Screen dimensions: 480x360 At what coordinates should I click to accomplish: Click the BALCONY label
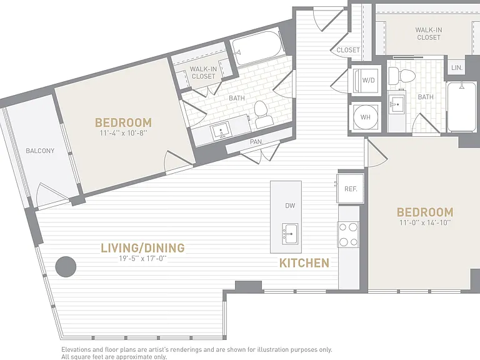click(x=40, y=151)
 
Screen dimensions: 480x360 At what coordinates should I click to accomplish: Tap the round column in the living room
click(x=66, y=267)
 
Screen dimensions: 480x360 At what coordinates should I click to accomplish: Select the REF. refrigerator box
click(x=351, y=189)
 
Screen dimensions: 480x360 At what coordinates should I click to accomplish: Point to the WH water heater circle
click(x=366, y=117)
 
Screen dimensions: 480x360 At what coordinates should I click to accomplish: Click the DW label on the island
click(x=290, y=206)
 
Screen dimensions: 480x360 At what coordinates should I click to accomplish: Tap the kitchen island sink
click(x=289, y=234)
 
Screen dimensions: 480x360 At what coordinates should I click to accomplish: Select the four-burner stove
click(x=348, y=234)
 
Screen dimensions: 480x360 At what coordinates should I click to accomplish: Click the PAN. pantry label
click(x=256, y=142)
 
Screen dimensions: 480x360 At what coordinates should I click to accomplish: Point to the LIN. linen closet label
click(x=457, y=67)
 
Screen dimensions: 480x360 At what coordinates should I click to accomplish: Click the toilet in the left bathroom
click(x=263, y=114)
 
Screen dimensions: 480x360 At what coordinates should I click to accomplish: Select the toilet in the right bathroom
click(x=402, y=76)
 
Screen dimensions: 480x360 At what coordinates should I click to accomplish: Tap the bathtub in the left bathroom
click(x=257, y=48)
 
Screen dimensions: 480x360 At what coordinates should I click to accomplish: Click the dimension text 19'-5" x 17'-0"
click(x=142, y=259)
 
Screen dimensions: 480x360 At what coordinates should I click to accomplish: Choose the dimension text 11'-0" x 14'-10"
click(x=425, y=222)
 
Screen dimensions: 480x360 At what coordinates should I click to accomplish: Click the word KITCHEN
click(x=304, y=263)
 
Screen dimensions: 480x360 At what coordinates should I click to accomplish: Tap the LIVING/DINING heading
click(x=142, y=247)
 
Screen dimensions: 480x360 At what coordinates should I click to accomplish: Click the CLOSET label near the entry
click(x=348, y=50)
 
